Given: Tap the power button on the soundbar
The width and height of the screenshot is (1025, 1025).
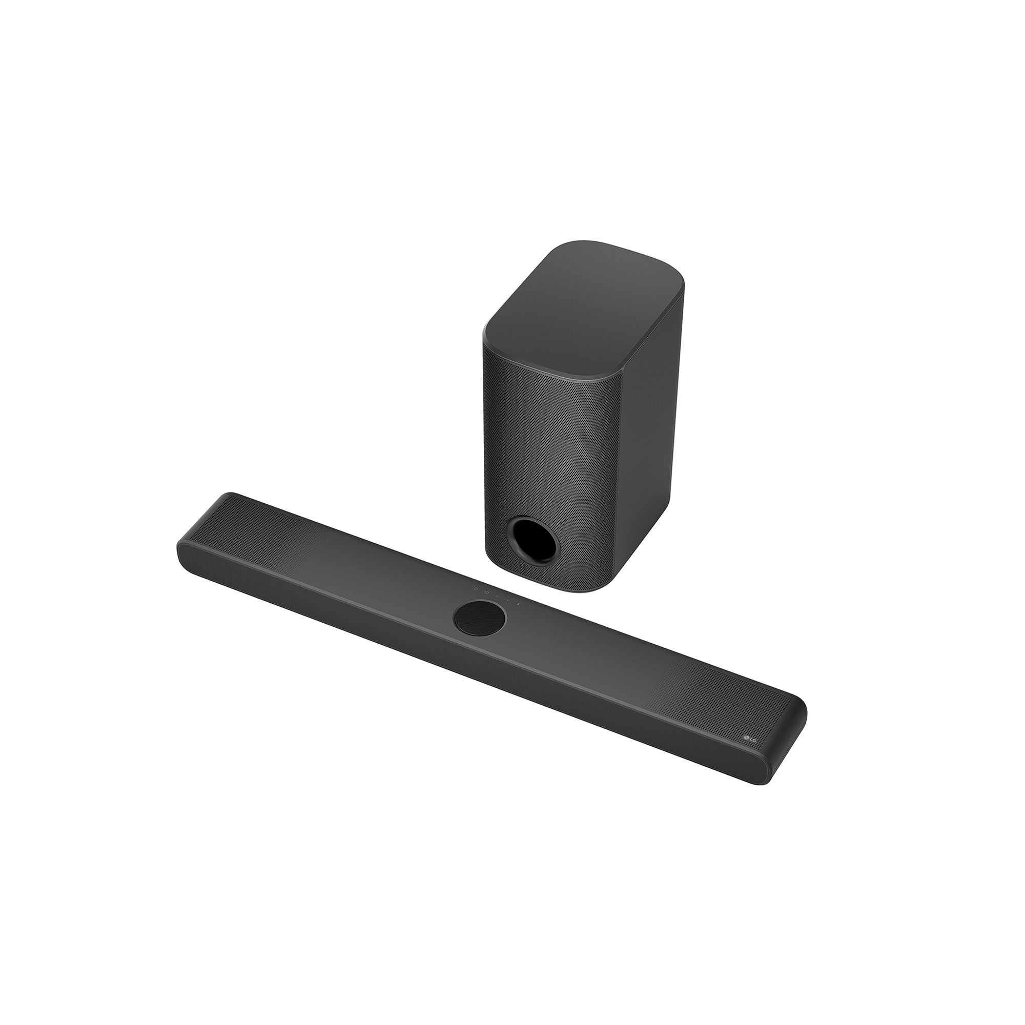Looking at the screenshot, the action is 477,589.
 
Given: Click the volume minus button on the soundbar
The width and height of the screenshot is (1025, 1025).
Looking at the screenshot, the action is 498,597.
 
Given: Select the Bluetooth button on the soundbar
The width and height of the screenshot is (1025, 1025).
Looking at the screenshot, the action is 518,604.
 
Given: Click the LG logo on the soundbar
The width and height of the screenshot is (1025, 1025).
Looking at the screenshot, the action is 751,739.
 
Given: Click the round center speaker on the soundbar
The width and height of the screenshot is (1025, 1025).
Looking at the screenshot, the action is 480,617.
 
